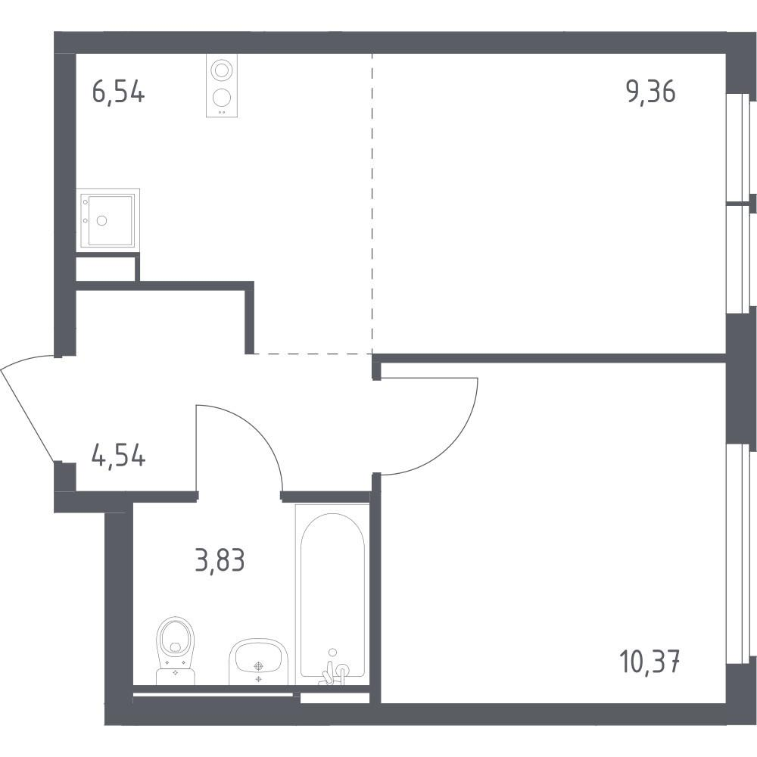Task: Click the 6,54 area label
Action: [118, 92]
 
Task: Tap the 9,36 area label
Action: [651, 92]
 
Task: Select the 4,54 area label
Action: [118, 456]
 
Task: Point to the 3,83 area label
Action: [220, 561]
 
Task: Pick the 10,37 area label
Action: [650, 662]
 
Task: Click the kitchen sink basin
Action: [110, 220]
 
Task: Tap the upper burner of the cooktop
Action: [222, 70]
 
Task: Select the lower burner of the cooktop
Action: [222, 98]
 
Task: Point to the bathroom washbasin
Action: [258, 662]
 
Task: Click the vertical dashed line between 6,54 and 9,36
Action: [372, 204]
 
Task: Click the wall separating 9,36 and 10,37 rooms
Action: [550, 358]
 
